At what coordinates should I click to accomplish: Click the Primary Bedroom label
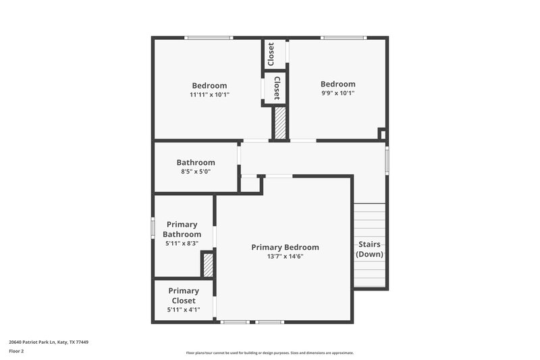285,247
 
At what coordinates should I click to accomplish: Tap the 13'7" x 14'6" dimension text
285,257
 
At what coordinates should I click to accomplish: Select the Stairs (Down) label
370,249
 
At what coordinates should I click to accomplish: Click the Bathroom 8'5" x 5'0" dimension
196,172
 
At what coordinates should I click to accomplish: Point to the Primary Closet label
183,295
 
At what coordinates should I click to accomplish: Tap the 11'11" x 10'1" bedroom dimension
209,95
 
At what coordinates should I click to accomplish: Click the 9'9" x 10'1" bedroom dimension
337,93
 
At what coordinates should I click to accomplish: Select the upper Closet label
271,54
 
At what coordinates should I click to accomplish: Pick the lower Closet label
276,87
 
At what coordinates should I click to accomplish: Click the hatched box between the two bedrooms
279,123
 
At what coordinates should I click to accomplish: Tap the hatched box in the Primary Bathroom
208,265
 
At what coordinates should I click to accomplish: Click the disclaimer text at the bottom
269,353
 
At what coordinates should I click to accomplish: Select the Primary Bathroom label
182,229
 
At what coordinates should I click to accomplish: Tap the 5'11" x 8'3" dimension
182,243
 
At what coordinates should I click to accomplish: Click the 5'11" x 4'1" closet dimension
183,310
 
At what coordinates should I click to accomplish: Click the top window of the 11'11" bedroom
209,38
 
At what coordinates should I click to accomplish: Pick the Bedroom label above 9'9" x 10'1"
337,84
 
